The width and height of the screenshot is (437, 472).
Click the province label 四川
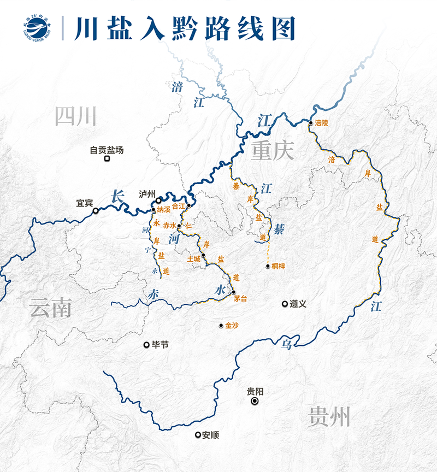76,116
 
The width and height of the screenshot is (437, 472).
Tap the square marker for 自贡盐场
108,159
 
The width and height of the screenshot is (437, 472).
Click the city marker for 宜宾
96,210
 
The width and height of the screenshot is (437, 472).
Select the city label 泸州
147,194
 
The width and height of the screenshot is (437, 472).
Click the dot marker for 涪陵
310,123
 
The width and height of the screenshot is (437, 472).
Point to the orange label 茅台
240,298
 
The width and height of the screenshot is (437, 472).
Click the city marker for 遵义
285,304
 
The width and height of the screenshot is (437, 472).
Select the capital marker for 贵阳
255,402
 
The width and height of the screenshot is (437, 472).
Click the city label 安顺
210,435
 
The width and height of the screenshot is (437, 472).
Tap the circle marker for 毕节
146,344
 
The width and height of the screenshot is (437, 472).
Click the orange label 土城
194,258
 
